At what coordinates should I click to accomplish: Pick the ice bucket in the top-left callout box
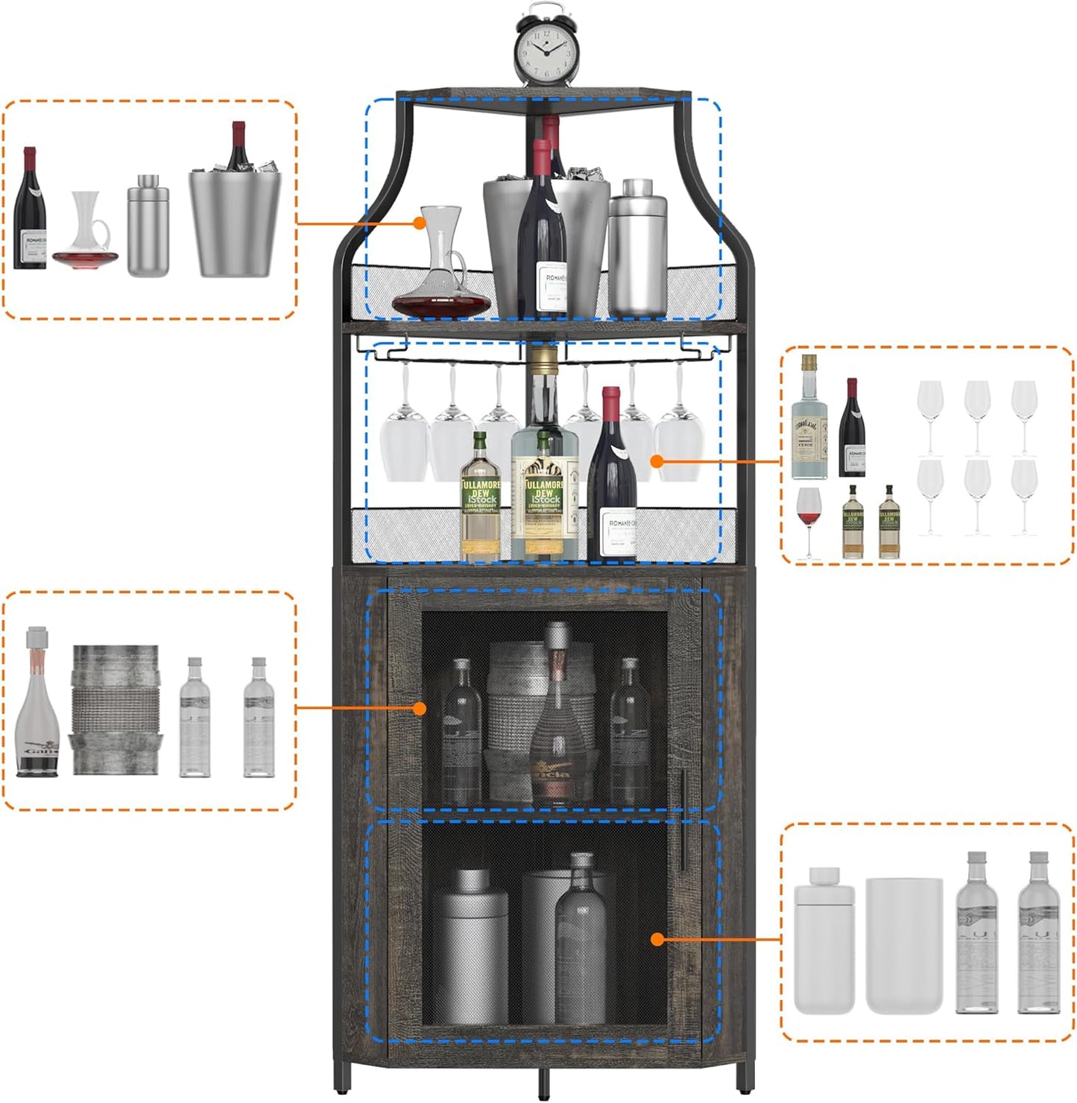[235, 220]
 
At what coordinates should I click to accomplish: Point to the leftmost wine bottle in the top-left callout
[30, 212]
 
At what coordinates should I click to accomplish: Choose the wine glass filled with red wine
[808, 518]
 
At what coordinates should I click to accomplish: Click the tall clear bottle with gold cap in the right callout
[809, 421]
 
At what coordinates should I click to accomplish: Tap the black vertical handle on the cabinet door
[682, 819]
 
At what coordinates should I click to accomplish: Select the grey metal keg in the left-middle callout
[115, 709]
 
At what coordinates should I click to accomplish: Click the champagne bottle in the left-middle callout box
[37, 704]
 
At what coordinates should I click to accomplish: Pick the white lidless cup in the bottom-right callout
[904, 945]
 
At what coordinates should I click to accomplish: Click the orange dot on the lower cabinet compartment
[657, 940]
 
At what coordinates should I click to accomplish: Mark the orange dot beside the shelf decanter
[419, 222]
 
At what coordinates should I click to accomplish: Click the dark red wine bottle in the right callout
[853, 430]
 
